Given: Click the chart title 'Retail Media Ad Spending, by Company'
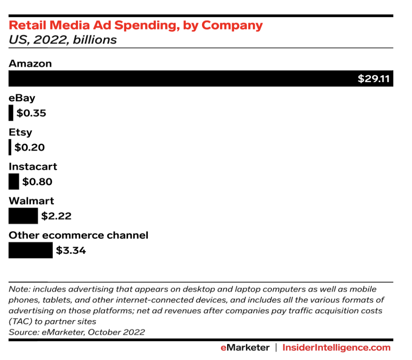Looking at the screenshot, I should pos(136,26).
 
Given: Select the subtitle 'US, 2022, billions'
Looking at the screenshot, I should pos(63,40).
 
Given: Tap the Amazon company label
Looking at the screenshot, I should pos(30,63).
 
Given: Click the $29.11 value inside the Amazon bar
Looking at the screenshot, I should pos(374,79).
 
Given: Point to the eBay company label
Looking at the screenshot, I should pos(22,98).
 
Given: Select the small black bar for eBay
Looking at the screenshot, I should pos(11,113).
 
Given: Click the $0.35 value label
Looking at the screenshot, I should pos(31,113).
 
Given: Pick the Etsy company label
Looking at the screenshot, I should pos(20,132).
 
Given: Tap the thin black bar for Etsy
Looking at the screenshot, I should pos(10,148).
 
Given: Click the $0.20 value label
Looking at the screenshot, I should pos(29,148).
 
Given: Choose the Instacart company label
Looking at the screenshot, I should pos(33,167).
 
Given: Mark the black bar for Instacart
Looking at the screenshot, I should pos(14,182).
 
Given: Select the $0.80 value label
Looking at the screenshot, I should pos(37,182).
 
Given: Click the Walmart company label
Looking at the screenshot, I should pos(31,201).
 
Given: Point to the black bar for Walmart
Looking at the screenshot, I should pos(23,216).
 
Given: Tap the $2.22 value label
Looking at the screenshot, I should pos(56,216).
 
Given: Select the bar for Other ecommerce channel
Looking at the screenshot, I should pos(30,250).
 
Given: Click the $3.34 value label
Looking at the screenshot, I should pos(71,250).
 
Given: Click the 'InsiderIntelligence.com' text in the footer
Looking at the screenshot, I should pos(337,347).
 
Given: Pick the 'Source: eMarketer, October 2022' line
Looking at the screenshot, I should pos(77,332).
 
